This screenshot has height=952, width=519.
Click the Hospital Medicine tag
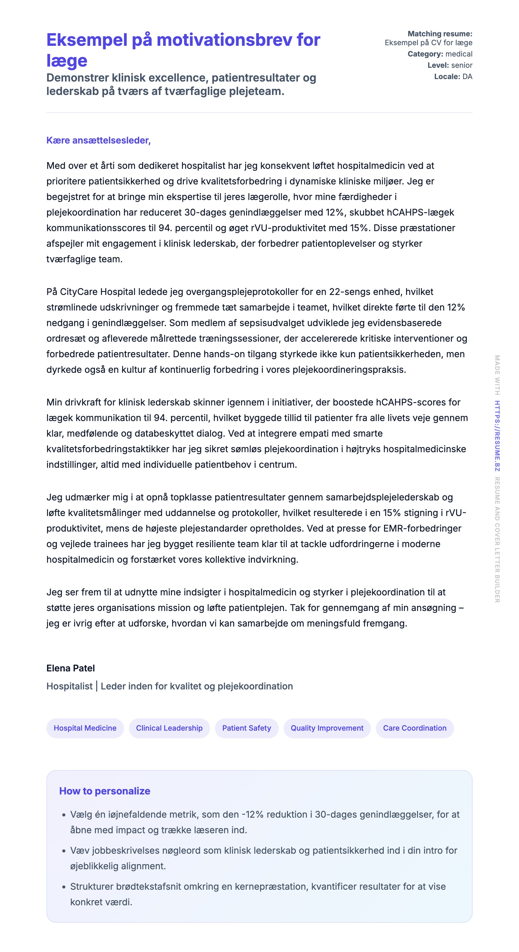pos(85,728)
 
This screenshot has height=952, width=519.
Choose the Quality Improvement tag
pos(327,728)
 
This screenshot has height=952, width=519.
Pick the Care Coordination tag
pos(414,728)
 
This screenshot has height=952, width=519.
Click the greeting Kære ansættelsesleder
pos(98,140)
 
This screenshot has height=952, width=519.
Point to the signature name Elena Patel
pos(71,668)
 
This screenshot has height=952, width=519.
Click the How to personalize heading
pos(105,791)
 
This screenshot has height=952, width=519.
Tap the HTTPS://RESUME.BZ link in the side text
pos(497,436)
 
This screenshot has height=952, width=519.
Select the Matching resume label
pos(440,34)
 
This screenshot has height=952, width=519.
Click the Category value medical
pos(459,54)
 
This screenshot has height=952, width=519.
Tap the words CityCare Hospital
pos(98,292)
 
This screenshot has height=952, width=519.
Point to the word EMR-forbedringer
pos(422,529)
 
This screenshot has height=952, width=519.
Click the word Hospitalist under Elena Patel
pos(69,686)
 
